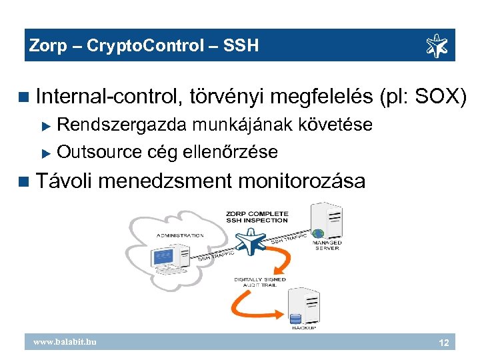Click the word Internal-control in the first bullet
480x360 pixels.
tap(109, 97)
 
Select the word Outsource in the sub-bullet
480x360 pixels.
tap(99, 152)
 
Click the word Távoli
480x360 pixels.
tap(67, 180)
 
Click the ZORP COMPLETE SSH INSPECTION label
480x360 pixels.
tap(257, 217)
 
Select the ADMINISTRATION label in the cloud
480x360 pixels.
tap(180, 235)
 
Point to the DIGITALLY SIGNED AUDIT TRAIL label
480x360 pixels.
tap(260, 282)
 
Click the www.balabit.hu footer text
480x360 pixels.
tap(65, 342)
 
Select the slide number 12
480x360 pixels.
tap(442, 343)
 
